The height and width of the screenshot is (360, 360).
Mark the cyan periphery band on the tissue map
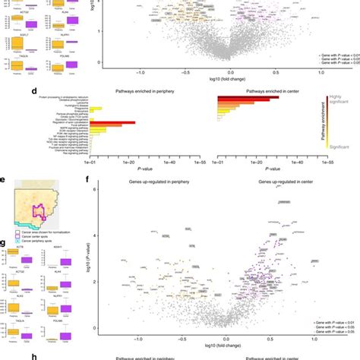coord(30,225)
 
